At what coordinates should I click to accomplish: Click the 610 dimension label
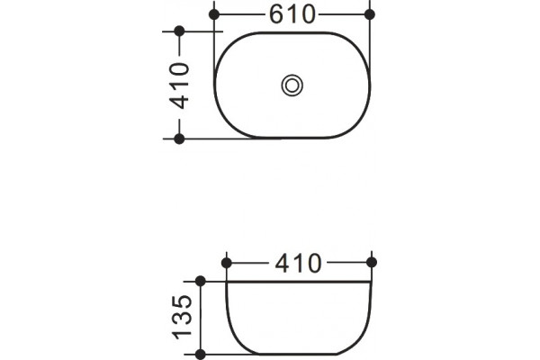(292, 14)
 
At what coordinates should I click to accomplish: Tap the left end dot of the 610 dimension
(214, 14)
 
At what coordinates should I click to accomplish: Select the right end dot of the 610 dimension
(370, 14)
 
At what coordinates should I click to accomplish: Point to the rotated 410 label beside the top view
(179, 85)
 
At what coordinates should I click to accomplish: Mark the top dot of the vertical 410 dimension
(179, 31)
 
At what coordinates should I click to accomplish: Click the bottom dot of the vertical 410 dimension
(179, 139)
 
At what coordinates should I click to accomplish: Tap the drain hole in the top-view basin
(292, 85)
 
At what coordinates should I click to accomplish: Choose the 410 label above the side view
(298, 264)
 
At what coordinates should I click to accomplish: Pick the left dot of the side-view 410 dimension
(226, 263)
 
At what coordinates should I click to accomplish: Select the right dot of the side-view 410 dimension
(372, 263)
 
